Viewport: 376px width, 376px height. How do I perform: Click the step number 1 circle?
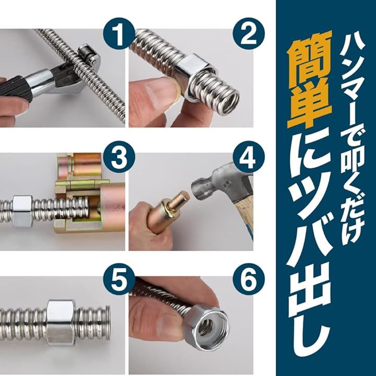[x=119, y=34]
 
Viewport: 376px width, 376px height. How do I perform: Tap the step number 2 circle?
[x=249, y=34]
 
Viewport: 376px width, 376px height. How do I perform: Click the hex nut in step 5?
[x=62, y=323]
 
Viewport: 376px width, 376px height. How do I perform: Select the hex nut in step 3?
[x=22, y=211]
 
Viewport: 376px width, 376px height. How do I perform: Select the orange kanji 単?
[x=310, y=106]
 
